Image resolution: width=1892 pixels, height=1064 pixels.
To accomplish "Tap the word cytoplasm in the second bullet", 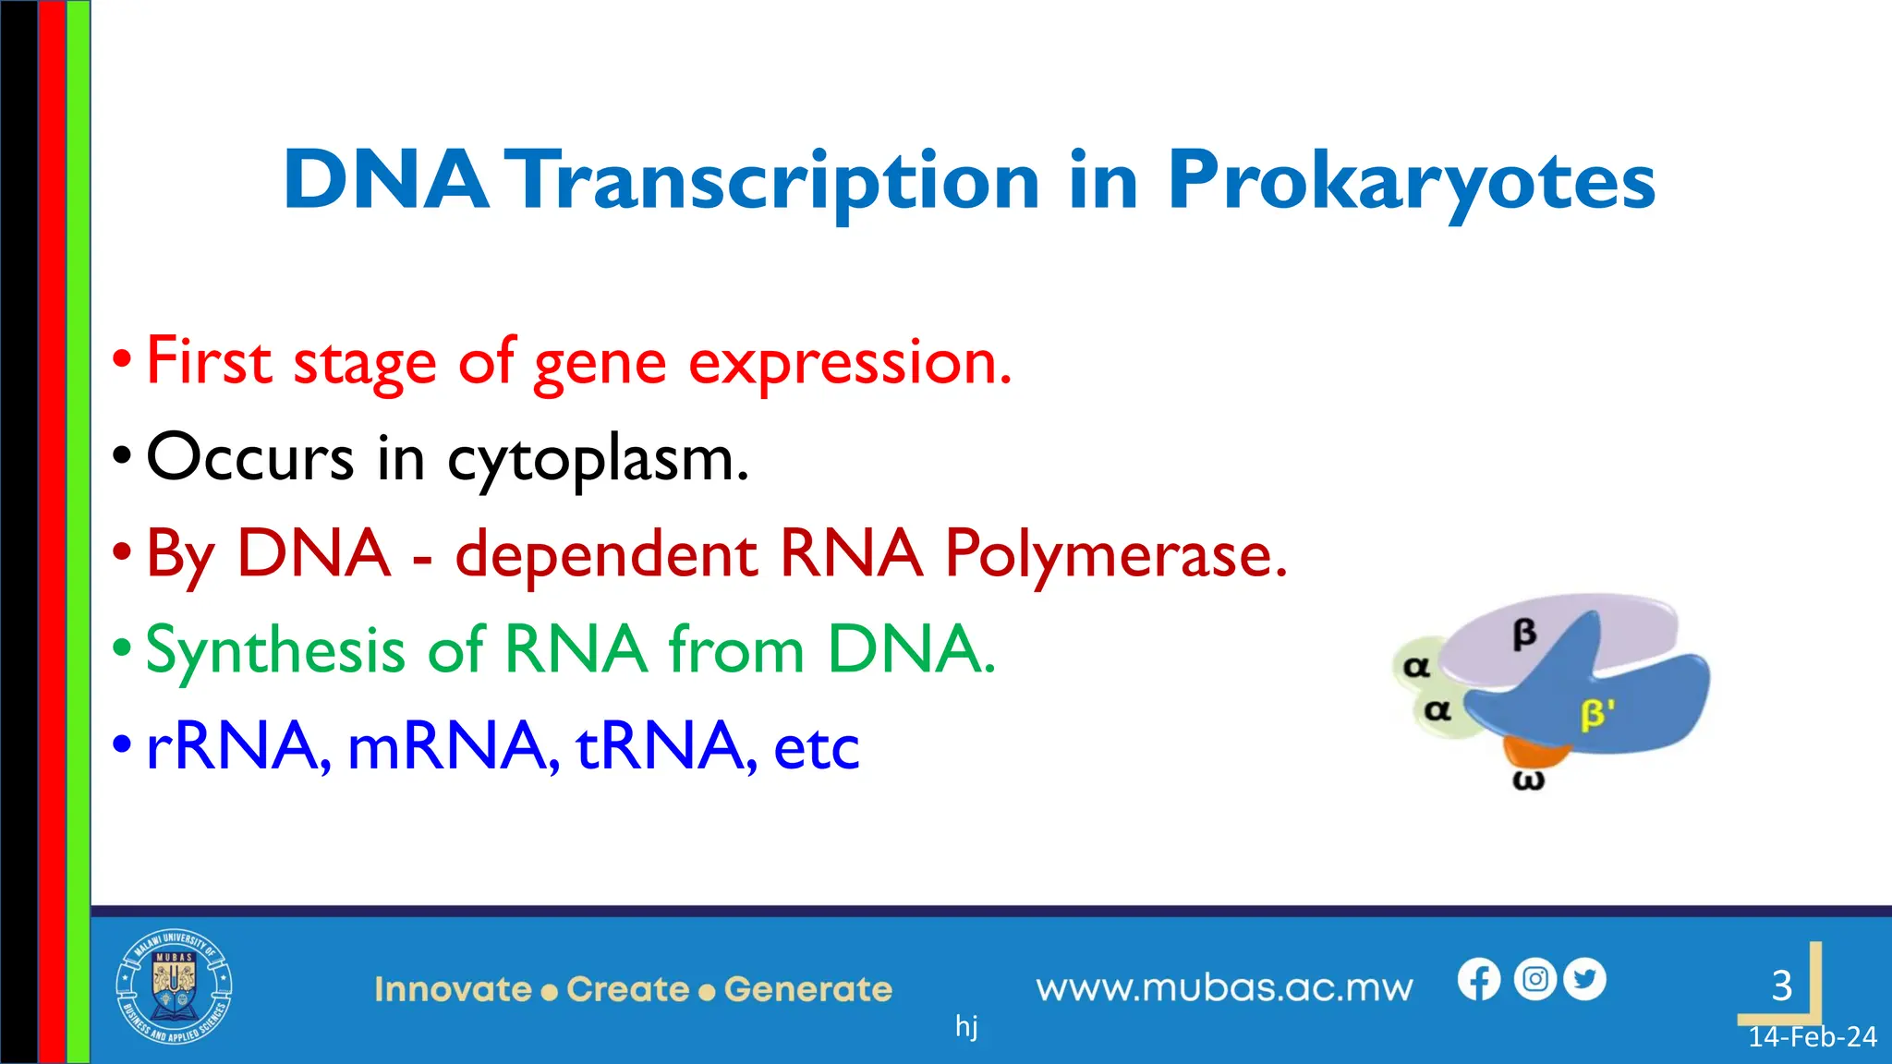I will pyautogui.click(x=597, y=459).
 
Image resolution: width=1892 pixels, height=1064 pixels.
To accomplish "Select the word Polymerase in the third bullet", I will pyautogui.click(x=1115, y=554).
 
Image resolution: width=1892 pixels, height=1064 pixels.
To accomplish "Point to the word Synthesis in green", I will pyautogui.click(x=275, y=650).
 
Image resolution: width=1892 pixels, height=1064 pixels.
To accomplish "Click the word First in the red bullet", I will pyautogui.click(x=208, y=361).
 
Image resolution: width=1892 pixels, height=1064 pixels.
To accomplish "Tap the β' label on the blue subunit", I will pyautogui.click(x=1597, y=715).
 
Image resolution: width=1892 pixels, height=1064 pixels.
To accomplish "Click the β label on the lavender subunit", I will pyautogui.click(x=1524, y=634).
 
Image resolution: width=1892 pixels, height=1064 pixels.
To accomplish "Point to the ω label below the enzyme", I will pyautogui.click(x=1528, y=781).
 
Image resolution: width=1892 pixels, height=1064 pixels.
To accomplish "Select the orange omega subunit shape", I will pyautogui.click(x=1534, y=751).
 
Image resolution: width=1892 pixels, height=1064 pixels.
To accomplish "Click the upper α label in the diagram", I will pyautogui.click(x=1415, y=666).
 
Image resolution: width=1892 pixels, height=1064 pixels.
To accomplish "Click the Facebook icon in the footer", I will pyautogui.click(x=1479, y=980).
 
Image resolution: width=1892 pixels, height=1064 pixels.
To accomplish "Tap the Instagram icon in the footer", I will pyautogui.click(x=1534, y=979).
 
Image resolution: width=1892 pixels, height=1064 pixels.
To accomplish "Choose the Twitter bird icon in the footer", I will pyautogui.click(x=1585, y=979).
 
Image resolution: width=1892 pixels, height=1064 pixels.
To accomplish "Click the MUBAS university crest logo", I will pyautogui.click(x=174, y=986).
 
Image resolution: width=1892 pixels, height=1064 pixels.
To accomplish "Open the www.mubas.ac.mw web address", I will pyautogui.click(x=1224, y=988).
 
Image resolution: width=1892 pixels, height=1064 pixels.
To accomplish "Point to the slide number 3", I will pyautogui.click(x=1781, y=985).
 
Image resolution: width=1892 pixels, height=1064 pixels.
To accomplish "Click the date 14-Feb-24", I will pyautogui.click(x=1812, y=1037).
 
